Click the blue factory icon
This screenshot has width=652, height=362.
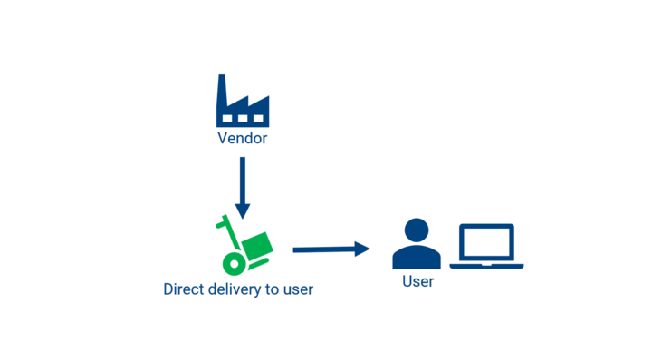point(243,101)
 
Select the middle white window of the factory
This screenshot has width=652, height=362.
point(243,118)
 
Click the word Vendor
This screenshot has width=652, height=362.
point(243,138)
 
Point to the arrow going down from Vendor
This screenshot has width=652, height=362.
point(243,188)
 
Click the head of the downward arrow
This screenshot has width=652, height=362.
point(243,211)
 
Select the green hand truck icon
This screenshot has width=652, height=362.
point(244,245)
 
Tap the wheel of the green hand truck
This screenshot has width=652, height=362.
point(235,264)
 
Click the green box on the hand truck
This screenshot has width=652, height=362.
point(258,245)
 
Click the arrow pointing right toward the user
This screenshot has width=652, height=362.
point(331,249)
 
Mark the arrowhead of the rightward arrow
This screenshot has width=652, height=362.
point(362,249)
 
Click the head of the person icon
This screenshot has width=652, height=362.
point(417,230)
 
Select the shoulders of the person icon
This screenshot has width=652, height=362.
point(417,258)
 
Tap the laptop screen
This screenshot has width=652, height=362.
point(486,242)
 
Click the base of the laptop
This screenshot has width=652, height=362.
point(486,266)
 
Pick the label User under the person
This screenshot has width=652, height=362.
point(417,281)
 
